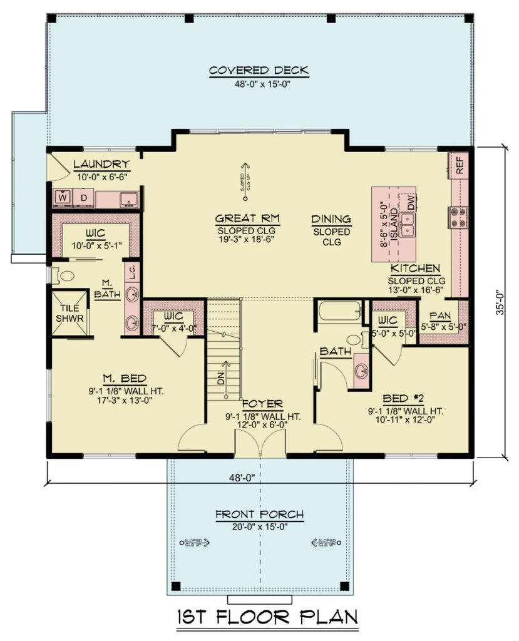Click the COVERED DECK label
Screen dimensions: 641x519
(259, 70)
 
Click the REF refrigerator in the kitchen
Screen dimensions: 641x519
(460, 165)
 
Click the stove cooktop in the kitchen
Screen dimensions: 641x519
(459, 217)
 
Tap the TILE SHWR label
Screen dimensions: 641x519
(69, 314)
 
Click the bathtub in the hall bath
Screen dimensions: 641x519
(340, 312)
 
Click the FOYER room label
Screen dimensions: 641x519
(262, 404)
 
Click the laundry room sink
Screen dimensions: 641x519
(130, 200)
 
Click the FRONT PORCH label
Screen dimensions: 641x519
(259, 515)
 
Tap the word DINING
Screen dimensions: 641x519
(331, 219)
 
